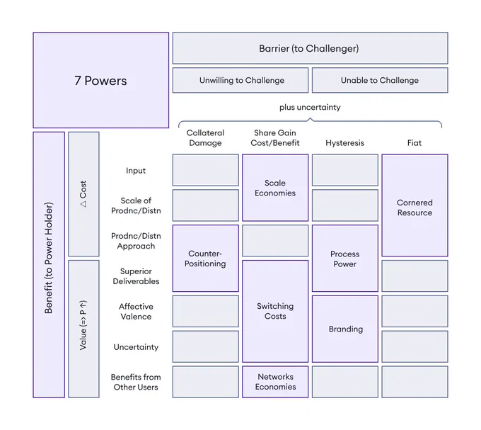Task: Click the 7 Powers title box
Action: tap(101, 80)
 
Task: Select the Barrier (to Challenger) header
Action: tap(310, 48)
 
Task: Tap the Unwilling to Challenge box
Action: tap(240, 80)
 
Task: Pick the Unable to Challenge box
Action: tap(380, 80)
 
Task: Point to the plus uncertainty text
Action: tap(310, 107)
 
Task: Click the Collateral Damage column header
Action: tap(205, 138)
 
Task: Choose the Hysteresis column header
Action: tap(344, 143)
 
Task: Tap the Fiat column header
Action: tap(415, 143)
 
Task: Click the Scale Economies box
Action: tap(275, 188)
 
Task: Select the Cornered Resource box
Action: tap(415, 205)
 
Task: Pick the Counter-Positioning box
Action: tap(206, 259)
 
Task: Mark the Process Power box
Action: tap(344, 259)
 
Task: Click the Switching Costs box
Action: tap(275, 311)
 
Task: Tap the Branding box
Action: tap(344, 329)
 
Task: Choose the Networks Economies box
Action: tap(275, 382)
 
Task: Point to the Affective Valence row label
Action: tap(136, 312)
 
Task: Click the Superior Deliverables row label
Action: tap(136, 276)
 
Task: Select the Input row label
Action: tap(136, 171)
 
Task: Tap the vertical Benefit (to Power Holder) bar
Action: tap(49, 265)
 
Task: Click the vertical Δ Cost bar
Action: tap(83, 194)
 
